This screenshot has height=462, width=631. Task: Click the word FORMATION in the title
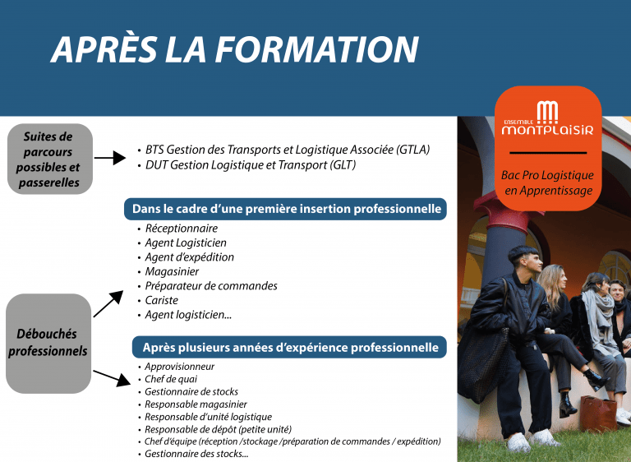[316, 49]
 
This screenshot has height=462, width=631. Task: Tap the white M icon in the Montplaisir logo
[547, 113]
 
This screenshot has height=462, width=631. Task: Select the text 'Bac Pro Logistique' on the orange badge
[547, 175]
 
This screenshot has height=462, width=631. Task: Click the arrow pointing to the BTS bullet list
[110, 158]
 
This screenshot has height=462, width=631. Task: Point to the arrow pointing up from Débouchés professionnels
[108, 303]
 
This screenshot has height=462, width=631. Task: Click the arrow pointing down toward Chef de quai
[112, 378]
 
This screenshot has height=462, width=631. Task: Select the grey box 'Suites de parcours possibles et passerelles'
[50, 159]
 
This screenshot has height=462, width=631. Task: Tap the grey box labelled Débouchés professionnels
[48, 343]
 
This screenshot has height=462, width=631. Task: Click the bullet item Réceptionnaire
[181, 229]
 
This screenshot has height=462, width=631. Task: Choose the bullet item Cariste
[161, 301]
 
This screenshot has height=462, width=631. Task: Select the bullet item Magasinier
[172, 272]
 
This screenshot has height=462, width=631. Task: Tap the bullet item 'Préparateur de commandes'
[211, 286]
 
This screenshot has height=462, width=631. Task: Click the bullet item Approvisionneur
[179, 367]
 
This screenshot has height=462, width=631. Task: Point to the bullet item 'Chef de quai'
[171, 379]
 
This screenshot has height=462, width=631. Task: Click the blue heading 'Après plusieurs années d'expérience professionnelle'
[289, 347]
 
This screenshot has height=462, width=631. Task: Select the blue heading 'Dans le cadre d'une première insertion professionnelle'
[285, 209]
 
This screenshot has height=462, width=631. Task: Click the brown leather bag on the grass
[598, 413]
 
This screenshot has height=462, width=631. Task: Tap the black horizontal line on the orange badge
[548, 153]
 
